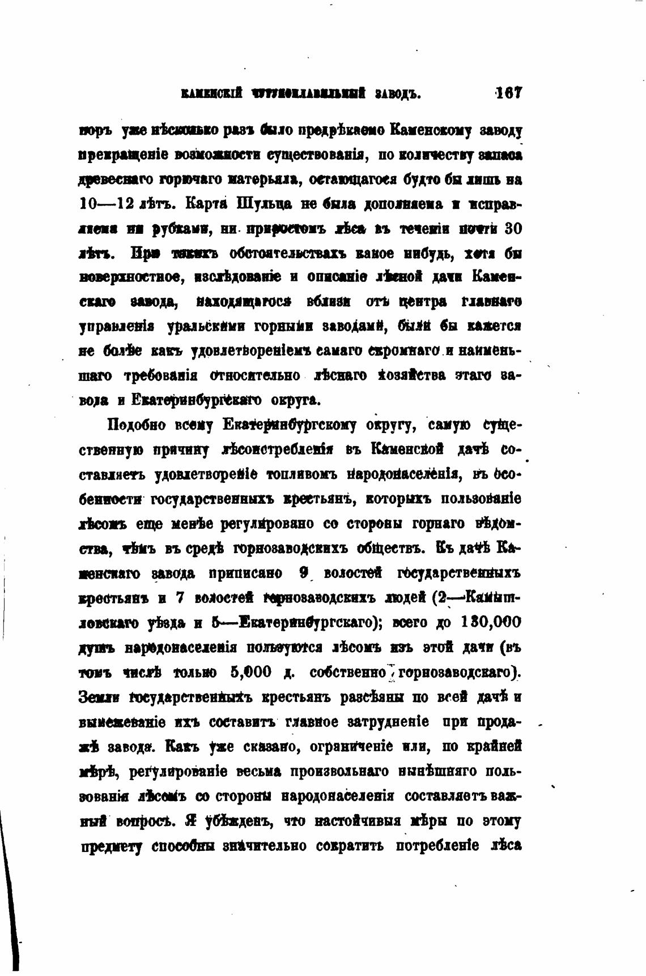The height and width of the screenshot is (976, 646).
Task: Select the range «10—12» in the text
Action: (104, 203)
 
